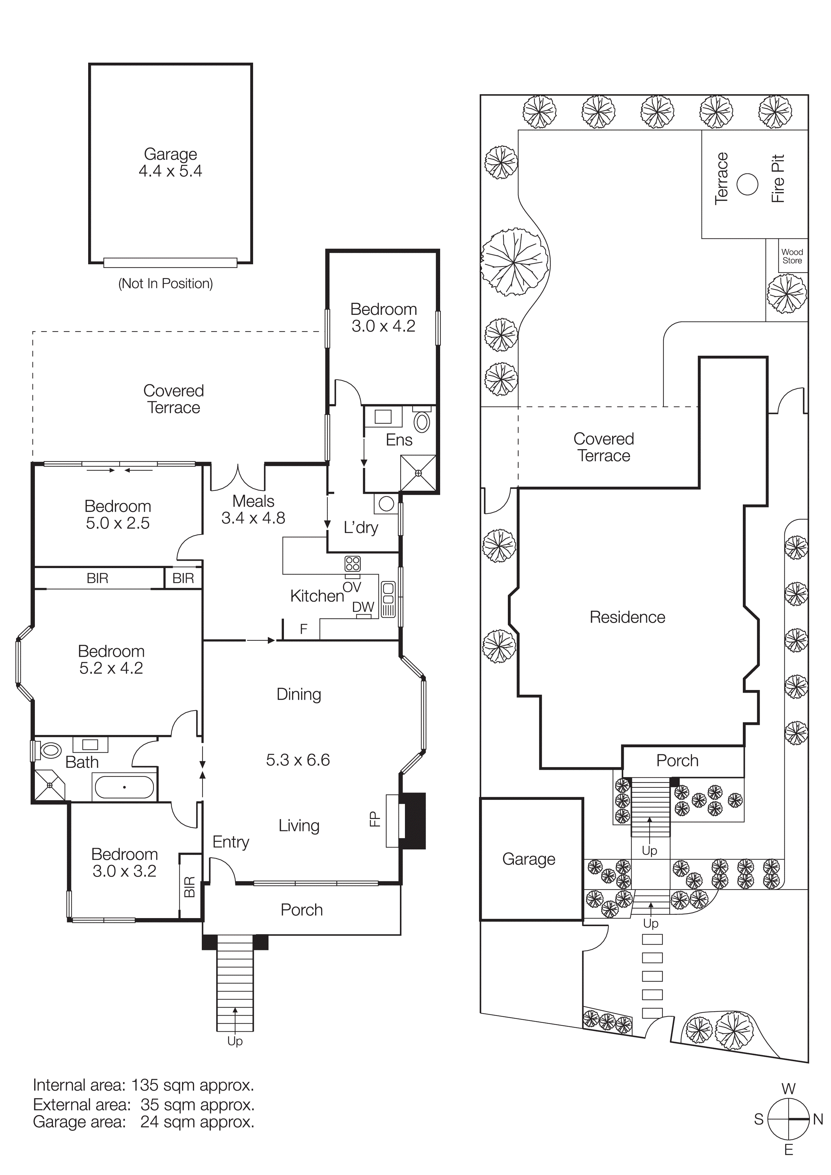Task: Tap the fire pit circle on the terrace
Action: click(747, 184)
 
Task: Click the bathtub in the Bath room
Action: click(124, 787)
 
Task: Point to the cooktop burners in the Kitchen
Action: click(352, 563)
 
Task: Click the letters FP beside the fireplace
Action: click(374, 819)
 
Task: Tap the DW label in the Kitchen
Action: click(363, 607)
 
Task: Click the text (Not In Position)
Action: click(165, 283)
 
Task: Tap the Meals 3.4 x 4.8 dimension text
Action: click(253, 518)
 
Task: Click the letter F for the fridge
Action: click(304, 629)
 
